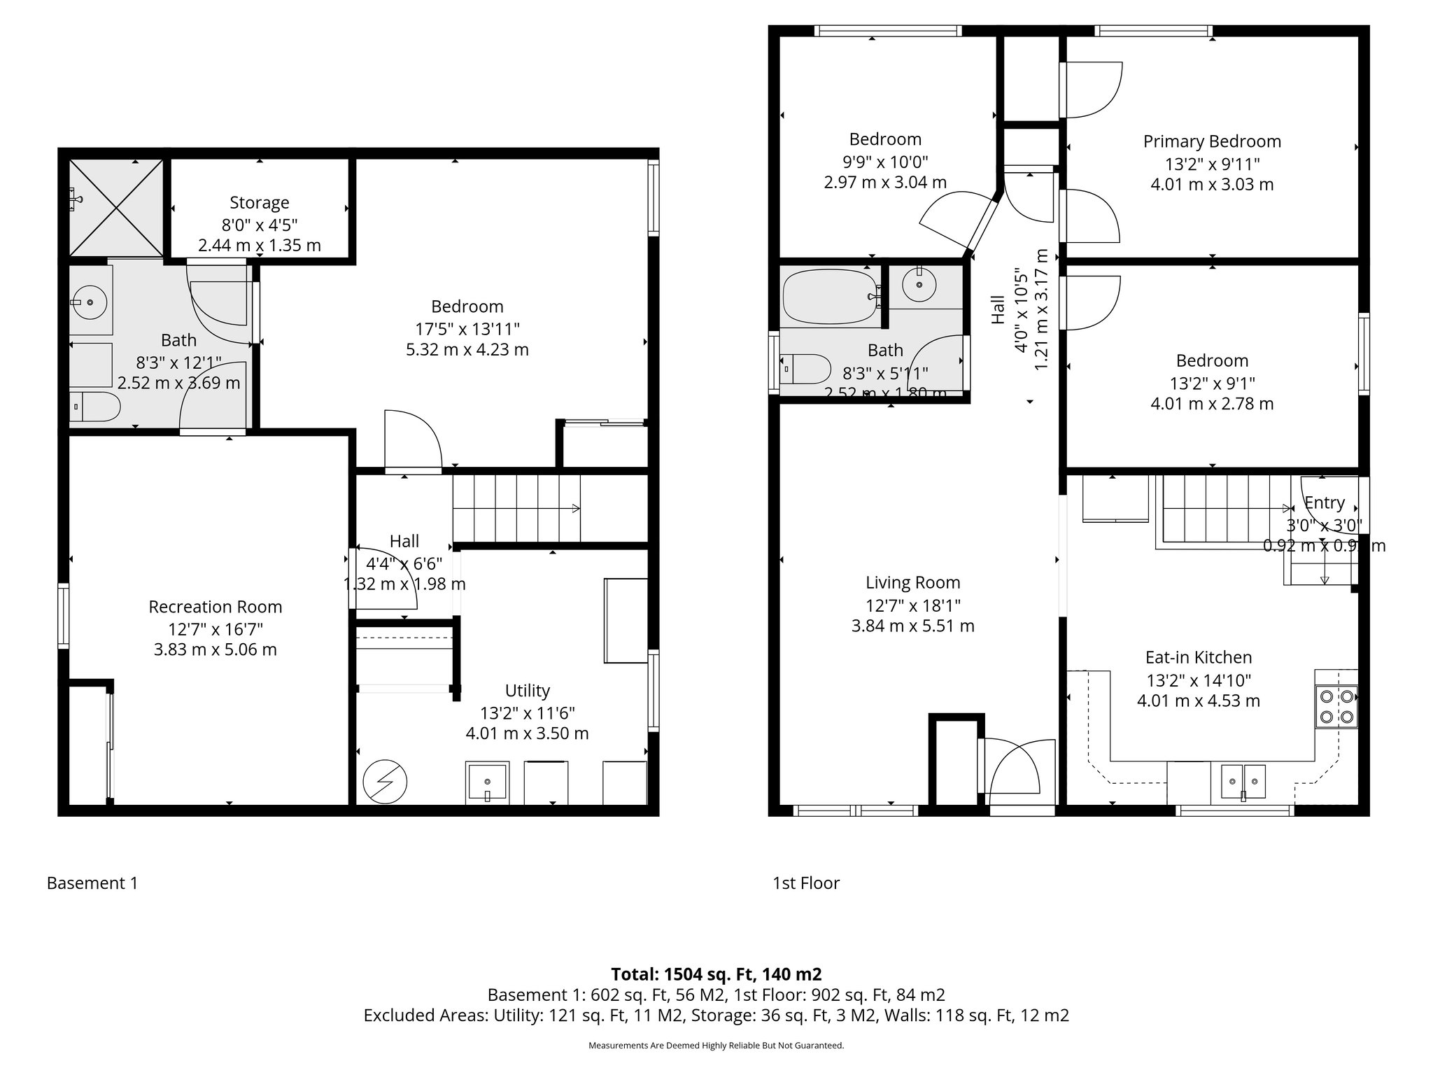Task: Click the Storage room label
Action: pyautogui.click(x=259, y=203)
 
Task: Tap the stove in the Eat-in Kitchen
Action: pyautogui.click(x=1336, y=707)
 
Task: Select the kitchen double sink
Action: pyautogui.click(x=1243, y=782)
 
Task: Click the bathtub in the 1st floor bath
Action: pyautogui.click(x=831, y=297)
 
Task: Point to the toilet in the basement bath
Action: pyautogui.click(x=97, y=407)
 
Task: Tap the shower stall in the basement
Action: pyautogui.click(x=116, y=208)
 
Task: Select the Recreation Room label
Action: pyautogui.click(x=215, y=607)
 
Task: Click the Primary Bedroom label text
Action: pyautogui.click(x=1212, y=141)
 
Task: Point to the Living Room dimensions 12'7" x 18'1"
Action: pyautogui.click(x=912, y=605)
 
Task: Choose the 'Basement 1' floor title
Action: pyautogui.click(x=92, y=883)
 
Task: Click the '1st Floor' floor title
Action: pyautogui.click(x=806, y=883)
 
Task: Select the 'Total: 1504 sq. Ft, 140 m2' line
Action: pyautogui.click(x=716, y=974)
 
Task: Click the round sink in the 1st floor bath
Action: pyautogui.click(x=919, y=284)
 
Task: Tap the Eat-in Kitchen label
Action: pyautogui.click(x=1198, y=657)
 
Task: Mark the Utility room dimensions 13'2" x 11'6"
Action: pyautogui.click(x=527, y=713)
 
